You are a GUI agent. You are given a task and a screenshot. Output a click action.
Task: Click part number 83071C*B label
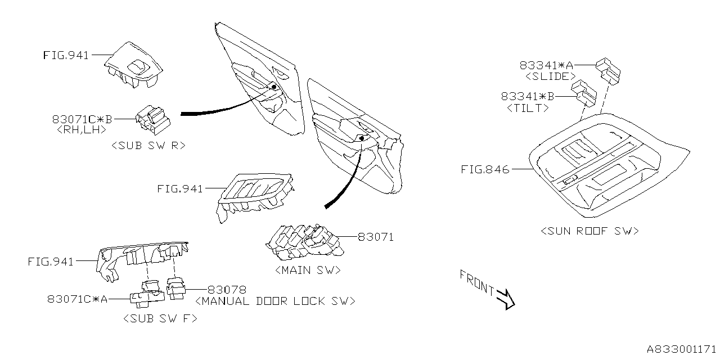(82, 119)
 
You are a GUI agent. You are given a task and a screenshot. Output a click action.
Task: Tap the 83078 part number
(227, 290)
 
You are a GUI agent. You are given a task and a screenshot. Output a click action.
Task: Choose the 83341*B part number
(528, 97)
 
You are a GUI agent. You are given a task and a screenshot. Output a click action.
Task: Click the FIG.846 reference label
(485, 169)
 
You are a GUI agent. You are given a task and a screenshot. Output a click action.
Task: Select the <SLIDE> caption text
(550, 76)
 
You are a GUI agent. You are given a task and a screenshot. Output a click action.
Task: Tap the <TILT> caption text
(528, 108)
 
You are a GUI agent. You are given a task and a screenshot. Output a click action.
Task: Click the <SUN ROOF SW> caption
(589, 231)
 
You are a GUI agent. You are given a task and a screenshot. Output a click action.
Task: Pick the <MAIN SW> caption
(308, 270)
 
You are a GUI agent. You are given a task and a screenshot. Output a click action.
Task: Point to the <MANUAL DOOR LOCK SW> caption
(275, 301)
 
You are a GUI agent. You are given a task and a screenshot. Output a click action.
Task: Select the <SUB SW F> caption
(160, 319)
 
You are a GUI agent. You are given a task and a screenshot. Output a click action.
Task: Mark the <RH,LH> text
(82, 129)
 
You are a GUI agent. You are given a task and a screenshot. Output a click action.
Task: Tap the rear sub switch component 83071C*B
(151, 118)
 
